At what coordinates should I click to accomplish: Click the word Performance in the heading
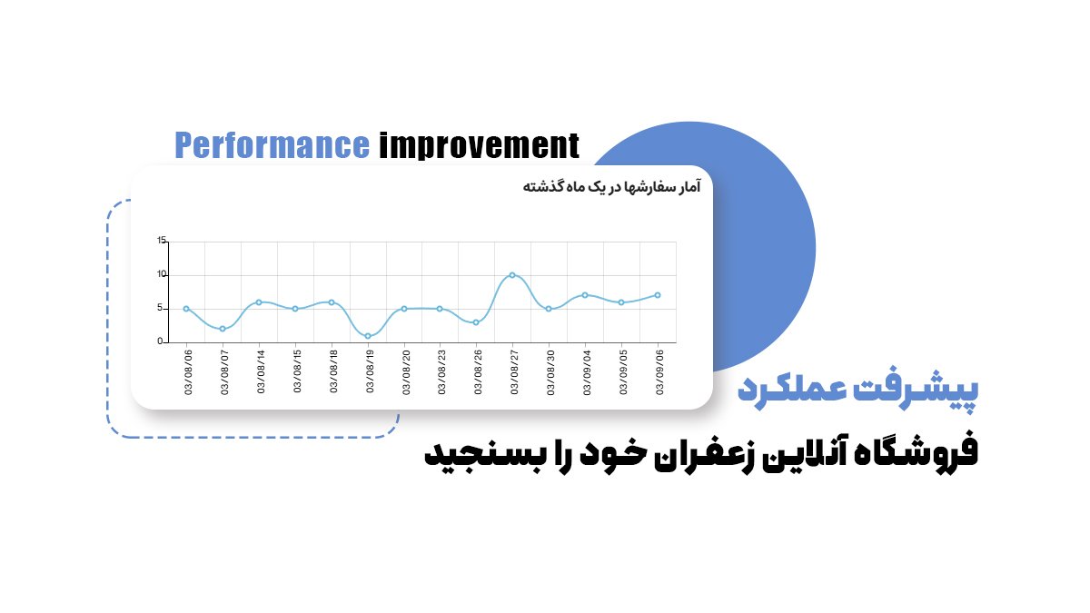point(272,145)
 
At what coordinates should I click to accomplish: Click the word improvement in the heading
point(478,145)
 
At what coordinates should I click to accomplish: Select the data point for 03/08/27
point(512,274)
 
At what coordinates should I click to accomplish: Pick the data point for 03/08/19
point(368,336)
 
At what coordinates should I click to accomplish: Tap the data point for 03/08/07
point(223,329)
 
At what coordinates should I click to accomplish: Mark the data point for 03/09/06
point(658,295)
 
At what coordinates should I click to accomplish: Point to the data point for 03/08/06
point(186,309)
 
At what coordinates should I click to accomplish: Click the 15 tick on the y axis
point(162,241)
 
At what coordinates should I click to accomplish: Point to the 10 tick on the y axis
point(162,274)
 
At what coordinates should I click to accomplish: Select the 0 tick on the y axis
point(160,342)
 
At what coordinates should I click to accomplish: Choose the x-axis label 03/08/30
point(550,372)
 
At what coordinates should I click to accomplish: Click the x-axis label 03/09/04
point(587,372)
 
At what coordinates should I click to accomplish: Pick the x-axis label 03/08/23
point(441,372)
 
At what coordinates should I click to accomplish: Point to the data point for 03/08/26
point(476,322)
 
